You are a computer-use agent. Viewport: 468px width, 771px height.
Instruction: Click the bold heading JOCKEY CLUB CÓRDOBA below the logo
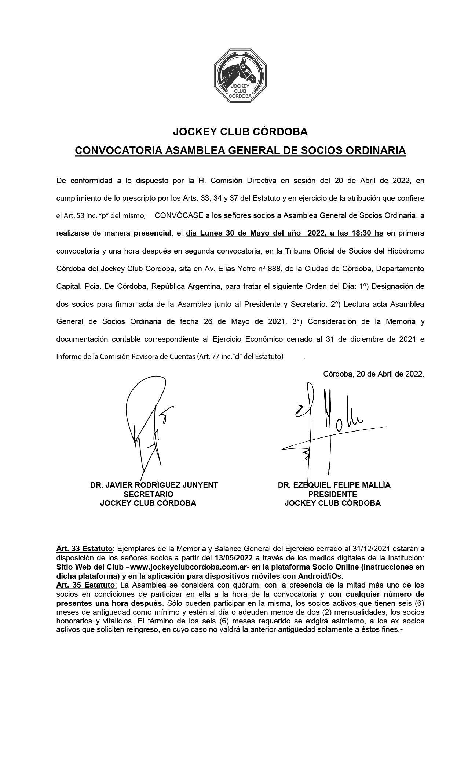[240, 132]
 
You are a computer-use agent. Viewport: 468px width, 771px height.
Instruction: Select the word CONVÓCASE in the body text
[179, 216]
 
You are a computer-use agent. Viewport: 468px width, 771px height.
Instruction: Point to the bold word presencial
[152, 233]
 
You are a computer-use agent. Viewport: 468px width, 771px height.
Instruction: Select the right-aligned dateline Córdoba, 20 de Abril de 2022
[373, 374]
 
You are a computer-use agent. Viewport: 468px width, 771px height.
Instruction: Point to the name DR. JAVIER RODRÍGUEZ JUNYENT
[154, 485]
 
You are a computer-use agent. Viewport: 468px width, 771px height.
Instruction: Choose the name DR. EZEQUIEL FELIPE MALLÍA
[334, 485]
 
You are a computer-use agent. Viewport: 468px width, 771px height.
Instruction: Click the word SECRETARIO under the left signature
[149, 494]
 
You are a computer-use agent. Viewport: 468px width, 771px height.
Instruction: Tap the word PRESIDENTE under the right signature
[333, 494]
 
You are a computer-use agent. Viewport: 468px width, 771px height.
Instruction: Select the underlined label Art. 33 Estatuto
[84, 549]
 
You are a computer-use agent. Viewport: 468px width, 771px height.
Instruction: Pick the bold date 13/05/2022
[235, 558]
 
